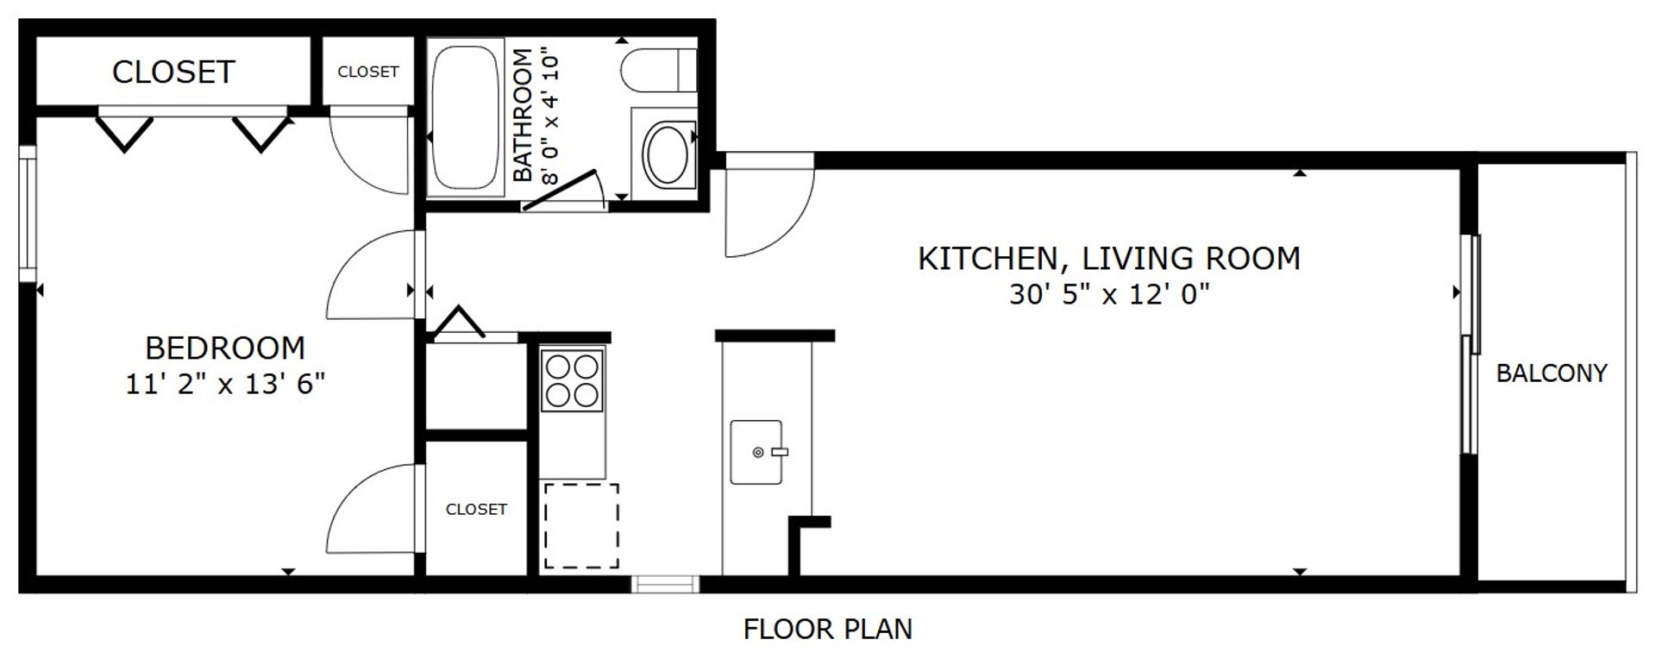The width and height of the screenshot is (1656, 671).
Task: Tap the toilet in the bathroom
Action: (x=660, y=70)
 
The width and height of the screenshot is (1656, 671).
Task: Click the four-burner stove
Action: (x=572, y=380)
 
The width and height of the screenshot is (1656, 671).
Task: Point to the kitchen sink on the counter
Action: (x=756, y=452)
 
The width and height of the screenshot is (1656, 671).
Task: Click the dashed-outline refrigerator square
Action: (x=581, y=526)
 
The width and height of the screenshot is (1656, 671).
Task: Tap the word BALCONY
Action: (x=1551, y=373)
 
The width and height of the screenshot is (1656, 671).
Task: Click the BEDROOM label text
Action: (x=225, y=348)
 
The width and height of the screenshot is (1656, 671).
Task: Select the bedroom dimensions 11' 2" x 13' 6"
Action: (x=225, y=384)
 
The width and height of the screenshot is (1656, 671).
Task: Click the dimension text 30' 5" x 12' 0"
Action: (x=1109, y=295)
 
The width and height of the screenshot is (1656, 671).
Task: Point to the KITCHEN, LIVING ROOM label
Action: (x=1109, y=259)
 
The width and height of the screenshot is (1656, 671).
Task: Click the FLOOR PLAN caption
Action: (x=827, y=630)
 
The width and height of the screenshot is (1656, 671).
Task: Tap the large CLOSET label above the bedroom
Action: (x=173, y=72)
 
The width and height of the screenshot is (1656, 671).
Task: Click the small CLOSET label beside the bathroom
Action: (x=368, y=72)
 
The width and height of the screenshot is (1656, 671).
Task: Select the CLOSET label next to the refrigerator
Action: (x=476, y=510)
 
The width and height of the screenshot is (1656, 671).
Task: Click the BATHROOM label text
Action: (x=523, y=116)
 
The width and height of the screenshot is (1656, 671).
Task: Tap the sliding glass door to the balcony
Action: (x=1471, y=345)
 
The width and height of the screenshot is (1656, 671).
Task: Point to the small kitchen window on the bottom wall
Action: (x=665, y=585)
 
